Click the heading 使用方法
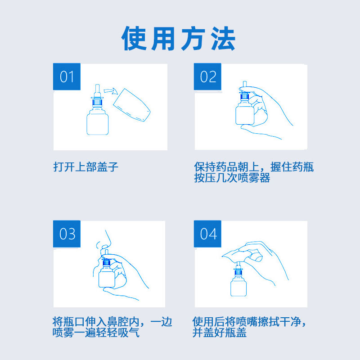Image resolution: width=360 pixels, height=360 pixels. [x=178, y=38]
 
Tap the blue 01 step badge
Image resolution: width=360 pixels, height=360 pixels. [x=67, y=76]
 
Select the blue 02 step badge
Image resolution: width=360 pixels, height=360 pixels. [x=207, y=76]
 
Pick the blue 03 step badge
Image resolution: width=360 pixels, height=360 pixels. [x=67, y=234]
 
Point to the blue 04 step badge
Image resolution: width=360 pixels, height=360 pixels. [x=207, y=234]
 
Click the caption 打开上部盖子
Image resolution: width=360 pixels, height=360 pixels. [x=86, y=166]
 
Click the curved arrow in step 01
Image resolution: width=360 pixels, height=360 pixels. [x=111, y=91]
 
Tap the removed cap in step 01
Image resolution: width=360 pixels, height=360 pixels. [x=132, y=105]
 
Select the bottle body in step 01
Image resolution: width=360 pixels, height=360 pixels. [x=97, y=122]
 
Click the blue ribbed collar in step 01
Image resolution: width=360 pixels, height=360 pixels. [x=97, y=102]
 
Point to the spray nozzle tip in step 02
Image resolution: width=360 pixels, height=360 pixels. [x=244, y=82]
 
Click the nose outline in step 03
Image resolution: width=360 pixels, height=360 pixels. [x=104, y=242]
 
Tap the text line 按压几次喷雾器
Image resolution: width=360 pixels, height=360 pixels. [x=232, y=178]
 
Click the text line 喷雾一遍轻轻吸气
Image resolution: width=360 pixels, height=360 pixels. [x=96, y=333]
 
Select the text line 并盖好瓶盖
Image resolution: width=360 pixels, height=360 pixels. [x=220, y=333]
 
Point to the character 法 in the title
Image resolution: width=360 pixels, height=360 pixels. [x=223, y=38]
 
